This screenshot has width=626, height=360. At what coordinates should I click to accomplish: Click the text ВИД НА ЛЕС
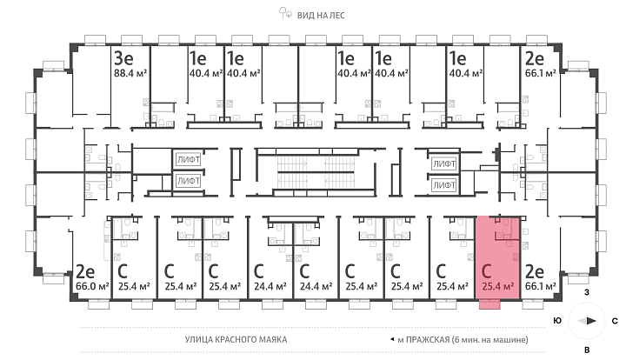[321, 16]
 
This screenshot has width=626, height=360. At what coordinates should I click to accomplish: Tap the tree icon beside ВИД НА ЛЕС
[285, 13]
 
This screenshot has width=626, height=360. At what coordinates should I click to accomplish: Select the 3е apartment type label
[123, 58]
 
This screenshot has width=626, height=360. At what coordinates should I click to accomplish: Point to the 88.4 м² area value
[130, 73]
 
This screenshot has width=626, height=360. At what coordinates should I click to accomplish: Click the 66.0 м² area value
[92, 287]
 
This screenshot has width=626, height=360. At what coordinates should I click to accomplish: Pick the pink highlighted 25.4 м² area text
[497, 286]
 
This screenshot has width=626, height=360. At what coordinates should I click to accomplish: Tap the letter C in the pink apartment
[486, 271]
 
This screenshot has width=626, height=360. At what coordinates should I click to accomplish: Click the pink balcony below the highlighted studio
[489, 304]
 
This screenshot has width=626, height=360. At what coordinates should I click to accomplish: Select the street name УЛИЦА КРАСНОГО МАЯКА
[236, 340]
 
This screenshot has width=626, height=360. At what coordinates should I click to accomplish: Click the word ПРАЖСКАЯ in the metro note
[428, 340]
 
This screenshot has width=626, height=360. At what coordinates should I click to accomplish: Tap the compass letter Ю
[557, 321]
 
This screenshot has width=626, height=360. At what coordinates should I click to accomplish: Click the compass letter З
[587, 292]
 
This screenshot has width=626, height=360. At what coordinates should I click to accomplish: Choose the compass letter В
[587, 350]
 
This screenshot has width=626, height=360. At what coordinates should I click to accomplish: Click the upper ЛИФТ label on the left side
[189, 160]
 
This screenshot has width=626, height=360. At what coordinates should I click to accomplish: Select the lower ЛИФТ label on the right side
[444, 185]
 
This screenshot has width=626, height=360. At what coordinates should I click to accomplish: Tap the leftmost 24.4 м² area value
[270, 287]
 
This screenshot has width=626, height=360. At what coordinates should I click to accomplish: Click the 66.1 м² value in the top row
[541, 73]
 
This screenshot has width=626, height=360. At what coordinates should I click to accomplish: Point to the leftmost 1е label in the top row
[197, 58]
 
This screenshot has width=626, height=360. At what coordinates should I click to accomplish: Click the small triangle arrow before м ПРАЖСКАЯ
[392, 340]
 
